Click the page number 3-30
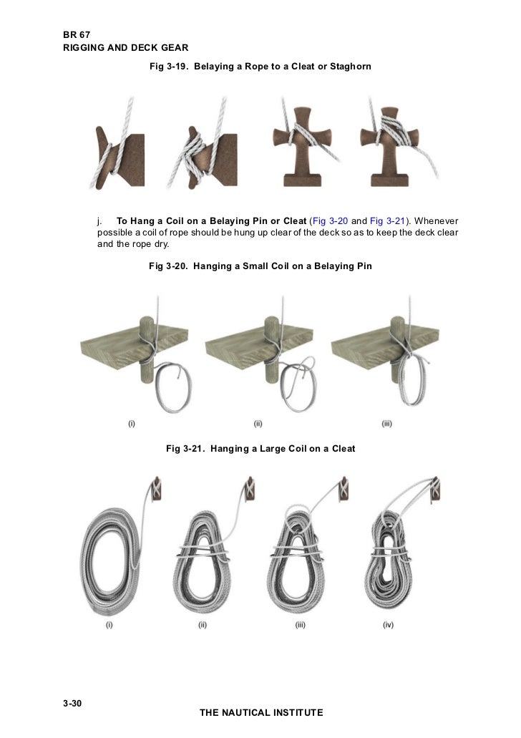[73, 704]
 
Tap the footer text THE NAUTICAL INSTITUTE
[261, 713]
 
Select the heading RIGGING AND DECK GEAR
[125, 47]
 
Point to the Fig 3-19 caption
[260, 66]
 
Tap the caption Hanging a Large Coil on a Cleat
[260, 449]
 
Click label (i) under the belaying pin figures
[132, 424]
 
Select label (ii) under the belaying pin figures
[258, 424]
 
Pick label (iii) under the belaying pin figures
[386, 424]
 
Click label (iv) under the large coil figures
[388, 625]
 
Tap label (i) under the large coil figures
[110, 625]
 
